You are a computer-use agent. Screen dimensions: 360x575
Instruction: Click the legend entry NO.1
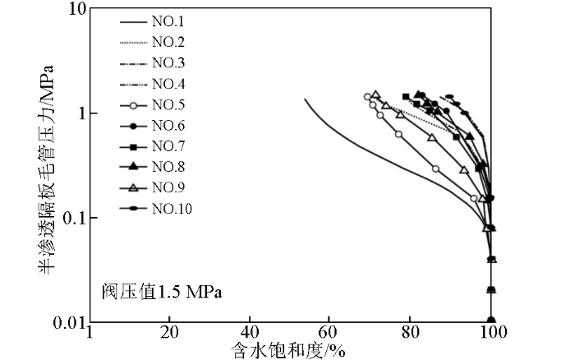coord(169,22)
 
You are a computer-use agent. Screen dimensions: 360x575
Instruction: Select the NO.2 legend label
coord(169,43)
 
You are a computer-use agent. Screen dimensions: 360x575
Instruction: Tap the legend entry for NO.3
coord(169,63)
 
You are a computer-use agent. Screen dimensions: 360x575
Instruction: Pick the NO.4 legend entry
coord(169,84)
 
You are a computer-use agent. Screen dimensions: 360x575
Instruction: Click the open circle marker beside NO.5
coord(132,104)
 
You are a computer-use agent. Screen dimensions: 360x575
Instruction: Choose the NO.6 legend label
coord(169,125)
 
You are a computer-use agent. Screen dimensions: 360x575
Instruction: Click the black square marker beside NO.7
coord(132,146)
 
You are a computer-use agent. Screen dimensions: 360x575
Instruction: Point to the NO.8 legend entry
coord(169,167)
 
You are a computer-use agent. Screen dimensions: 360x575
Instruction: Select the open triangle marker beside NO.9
coord(132,187)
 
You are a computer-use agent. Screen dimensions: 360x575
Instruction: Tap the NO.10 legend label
coord(172,208)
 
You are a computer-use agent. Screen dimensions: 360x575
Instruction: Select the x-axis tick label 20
coord(169,334)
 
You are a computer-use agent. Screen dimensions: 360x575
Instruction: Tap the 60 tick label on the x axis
coord(329,334)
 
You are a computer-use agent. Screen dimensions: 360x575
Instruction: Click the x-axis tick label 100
coord(491,334)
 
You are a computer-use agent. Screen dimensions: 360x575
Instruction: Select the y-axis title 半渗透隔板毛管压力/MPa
coord(45,164)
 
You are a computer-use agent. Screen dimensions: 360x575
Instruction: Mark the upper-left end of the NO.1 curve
coord(306,99)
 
